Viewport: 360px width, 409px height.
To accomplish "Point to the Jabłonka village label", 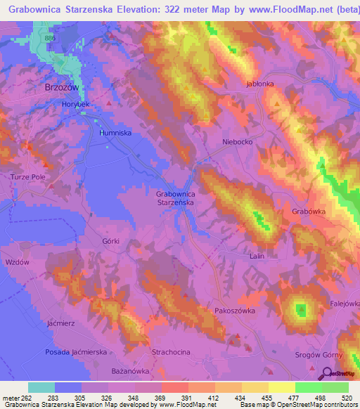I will click(259, 83).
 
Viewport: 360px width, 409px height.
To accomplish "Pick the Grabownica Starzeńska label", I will click(175, 197).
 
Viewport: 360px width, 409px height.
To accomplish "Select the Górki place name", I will click(110, 241).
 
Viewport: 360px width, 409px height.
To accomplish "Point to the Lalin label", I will click(257, 256).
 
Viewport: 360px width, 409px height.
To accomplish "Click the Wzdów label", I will click(15, 261).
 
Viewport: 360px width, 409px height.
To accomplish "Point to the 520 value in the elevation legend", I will click(347, 397).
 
